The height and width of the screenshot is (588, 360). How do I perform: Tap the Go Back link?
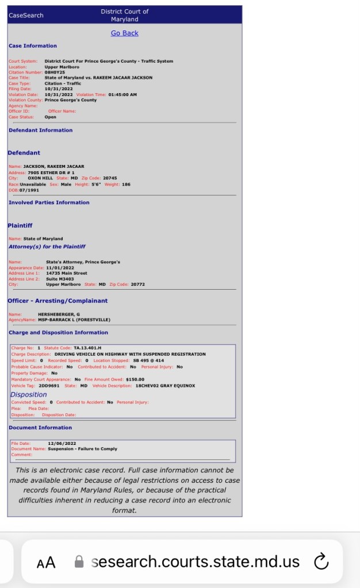coord(124,33)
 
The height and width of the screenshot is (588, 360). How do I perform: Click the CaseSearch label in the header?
coord(26,16)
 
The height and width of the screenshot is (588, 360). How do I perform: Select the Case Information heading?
coord(33,46)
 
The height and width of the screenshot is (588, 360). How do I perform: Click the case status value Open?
coord(51,117)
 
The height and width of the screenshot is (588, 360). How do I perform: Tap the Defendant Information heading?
coord(40,130)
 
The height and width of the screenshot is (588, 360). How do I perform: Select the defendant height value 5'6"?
coord(95,185)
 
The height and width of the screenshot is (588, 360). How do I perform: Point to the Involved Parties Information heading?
coord(49,203)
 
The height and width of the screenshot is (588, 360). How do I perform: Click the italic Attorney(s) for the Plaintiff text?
coord(47,247)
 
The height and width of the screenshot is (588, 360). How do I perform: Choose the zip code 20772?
coord(137,285)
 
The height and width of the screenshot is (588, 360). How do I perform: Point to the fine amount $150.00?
coord(135,379)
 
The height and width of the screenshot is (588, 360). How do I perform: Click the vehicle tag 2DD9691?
coord(49,386)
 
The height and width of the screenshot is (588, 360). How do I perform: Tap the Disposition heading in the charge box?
coord(28,395)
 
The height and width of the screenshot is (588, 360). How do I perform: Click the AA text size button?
coord(46,563)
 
